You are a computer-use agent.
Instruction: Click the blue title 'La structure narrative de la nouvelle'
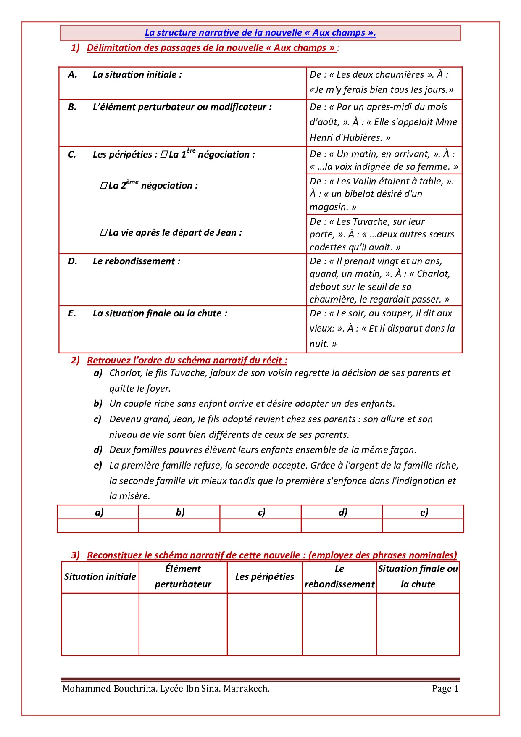point(260,33)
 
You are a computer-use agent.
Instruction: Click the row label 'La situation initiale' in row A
point(137,75)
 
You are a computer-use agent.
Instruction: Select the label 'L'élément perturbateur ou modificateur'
point(182,107)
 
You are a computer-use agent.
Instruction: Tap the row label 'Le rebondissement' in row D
point(136,261)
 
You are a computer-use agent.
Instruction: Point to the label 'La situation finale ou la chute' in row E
point(160,313)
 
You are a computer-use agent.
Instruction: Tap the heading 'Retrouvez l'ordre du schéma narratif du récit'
point(187,361)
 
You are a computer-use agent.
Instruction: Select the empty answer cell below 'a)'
point(98,526)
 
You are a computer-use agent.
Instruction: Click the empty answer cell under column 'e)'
point(423,526)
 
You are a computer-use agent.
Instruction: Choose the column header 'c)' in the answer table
point(261,512)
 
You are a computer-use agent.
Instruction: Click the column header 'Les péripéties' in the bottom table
point(265,577)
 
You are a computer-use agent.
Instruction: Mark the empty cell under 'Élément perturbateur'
point(183,624)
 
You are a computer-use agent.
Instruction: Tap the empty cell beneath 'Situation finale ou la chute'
point(418,624)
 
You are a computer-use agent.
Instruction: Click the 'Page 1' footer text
point(445,689)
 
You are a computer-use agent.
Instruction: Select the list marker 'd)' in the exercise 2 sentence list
point(98,450)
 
